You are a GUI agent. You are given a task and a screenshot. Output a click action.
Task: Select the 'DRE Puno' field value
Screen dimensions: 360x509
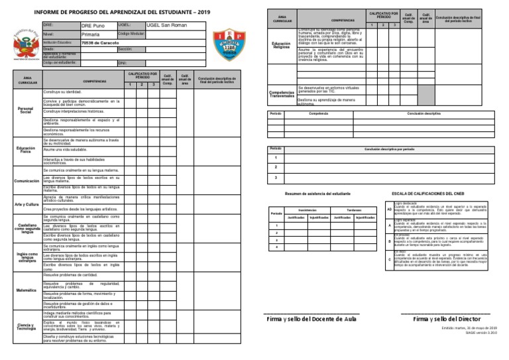coord(94,25)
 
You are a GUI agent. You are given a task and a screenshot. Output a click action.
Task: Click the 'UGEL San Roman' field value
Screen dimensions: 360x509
coord(167,25)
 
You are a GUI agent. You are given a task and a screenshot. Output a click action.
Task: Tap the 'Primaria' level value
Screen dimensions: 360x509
coord(91,34)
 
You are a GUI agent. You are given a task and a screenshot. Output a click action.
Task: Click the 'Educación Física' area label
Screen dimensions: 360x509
coord(27,150)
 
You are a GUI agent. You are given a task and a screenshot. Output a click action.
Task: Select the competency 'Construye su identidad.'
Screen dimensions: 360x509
coord(63,91)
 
